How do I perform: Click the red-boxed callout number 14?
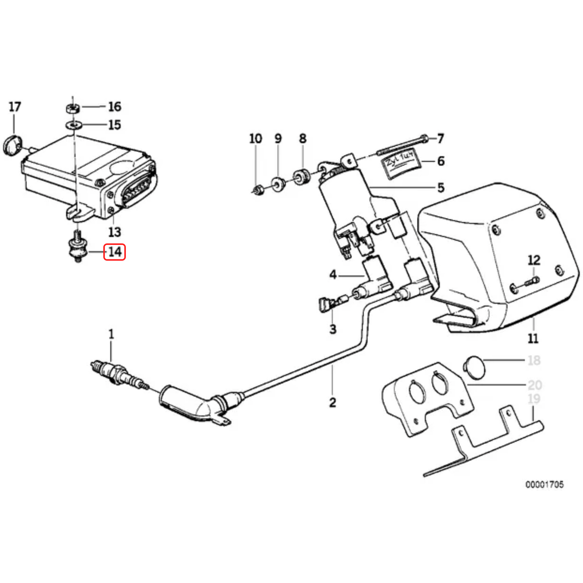tap(115, 252)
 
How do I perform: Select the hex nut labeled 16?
tap(72, 108)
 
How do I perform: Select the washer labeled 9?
tap(278, 184)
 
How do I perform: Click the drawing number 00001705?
tap(544, 484)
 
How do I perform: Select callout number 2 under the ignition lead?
tap(332, 402)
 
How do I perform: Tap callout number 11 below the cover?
tap(533, 338)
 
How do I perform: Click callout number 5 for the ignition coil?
tap(441, 188)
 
